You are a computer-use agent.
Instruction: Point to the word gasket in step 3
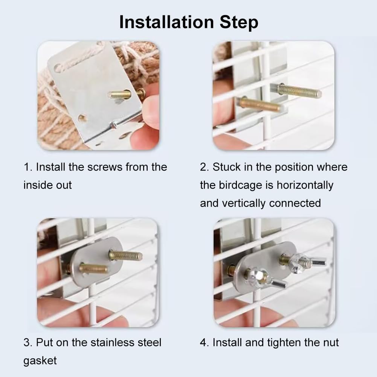[x=40, y=360]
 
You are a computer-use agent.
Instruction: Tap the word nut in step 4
[x=330, y=342]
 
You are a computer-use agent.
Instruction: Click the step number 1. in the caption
[x=28, y=167]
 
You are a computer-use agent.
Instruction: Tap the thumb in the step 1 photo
[x=151, y=109]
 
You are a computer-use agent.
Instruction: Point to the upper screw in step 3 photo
[x=126, y=256]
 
